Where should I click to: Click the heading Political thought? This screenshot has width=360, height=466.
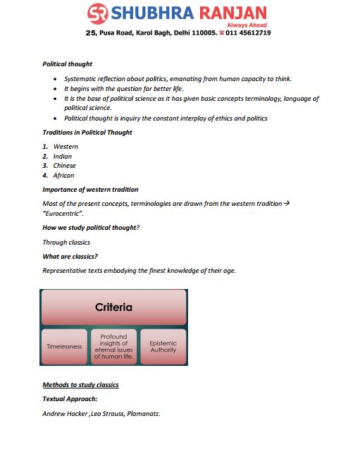(x=67, y=64)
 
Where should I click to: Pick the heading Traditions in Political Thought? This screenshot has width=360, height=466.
(x=87, y=133)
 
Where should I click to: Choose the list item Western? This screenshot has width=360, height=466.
(x=66, y=147)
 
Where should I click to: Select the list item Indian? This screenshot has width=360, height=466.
(x=63, y=157)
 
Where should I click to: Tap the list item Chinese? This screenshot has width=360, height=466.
(x=64, y=166)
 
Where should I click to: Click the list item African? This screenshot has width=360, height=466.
(x=63, y=176)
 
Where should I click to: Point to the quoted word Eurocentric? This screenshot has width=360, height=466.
(x=63, y=213)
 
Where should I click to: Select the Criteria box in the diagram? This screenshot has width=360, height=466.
(x=113, y=308)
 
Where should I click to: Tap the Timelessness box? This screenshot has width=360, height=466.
(x=65, y=346)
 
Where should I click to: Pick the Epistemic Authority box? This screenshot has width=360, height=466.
(x=163, y=346)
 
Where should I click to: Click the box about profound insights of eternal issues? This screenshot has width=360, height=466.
(x=113, y=346)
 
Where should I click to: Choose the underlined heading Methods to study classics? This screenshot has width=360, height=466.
(x=80, y=385)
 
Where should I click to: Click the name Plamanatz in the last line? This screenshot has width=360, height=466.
(x=143, y=414)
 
